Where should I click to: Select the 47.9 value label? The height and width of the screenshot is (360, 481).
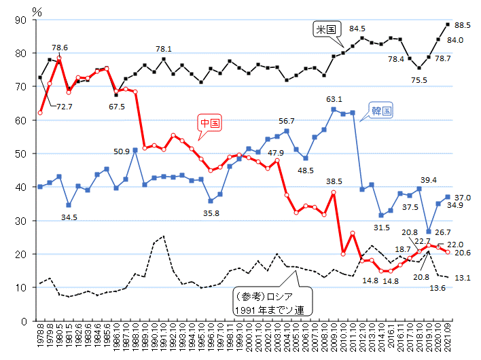277,153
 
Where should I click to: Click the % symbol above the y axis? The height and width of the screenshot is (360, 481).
37,10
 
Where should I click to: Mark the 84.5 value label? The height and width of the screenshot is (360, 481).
357,29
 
